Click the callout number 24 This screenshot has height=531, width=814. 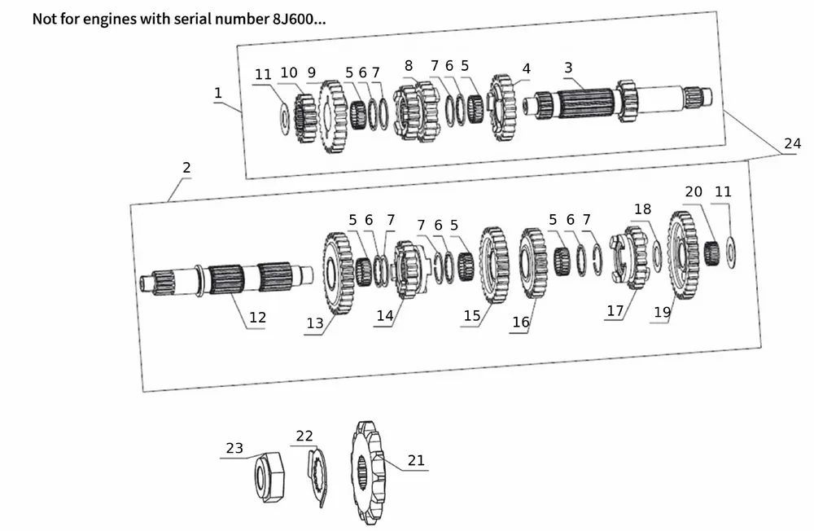792,143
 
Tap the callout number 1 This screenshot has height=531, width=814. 218,93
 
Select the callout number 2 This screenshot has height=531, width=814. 186,168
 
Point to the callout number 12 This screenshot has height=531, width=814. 257,318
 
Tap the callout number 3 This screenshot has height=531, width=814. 568,67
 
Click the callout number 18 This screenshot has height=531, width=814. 643,210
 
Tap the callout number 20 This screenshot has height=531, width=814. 694,191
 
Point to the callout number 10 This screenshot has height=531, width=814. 289,72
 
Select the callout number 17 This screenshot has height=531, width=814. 615,310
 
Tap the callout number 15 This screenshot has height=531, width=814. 472,316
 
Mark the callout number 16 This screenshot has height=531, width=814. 521,323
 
